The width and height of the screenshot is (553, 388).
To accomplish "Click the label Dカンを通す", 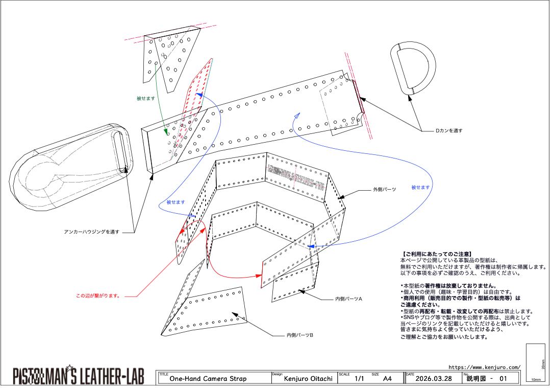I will pos(449,131).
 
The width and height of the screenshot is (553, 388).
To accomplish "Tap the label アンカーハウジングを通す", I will pos(92,232).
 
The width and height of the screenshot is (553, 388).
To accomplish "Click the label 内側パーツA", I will pos(348,299).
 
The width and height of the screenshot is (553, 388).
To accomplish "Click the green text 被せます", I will pos(145,98).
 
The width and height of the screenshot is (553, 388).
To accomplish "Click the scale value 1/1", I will pos(360,379).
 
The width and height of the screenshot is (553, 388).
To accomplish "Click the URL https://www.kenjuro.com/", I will pos(484,367).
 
